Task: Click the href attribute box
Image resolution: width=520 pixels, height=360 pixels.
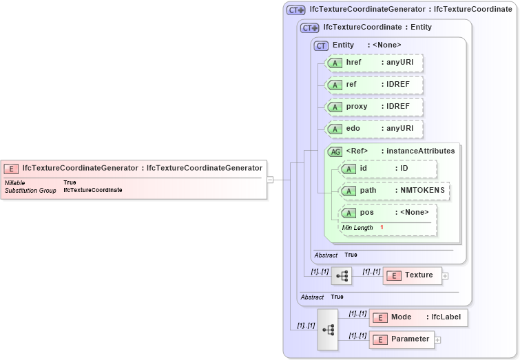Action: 374,63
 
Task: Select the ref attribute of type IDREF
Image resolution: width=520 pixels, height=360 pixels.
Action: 374,85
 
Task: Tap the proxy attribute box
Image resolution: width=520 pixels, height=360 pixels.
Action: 374,107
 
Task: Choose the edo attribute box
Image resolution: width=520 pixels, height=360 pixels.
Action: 374,129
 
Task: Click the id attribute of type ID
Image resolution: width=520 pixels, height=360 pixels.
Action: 388,169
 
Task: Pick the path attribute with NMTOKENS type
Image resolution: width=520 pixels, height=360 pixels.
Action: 395,191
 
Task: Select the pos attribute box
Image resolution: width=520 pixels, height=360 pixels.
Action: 388,213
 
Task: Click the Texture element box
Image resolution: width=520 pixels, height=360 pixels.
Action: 411,275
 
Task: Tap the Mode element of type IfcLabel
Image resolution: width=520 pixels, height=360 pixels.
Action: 419,317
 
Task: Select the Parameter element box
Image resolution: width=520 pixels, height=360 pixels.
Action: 402,339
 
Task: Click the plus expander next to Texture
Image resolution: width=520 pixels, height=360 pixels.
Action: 445,276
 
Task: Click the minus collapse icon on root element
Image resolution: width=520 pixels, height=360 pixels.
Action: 270,180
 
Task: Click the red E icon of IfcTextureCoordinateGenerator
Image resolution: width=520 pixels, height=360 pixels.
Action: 11,168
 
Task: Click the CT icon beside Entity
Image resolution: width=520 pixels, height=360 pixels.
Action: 321,45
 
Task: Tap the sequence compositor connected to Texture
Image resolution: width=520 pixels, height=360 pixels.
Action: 341,276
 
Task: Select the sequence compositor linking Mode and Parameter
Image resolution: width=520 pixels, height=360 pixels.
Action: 328,330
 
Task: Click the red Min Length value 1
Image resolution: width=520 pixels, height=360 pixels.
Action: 382,228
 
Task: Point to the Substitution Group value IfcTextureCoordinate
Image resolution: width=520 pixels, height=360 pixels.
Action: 93,190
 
